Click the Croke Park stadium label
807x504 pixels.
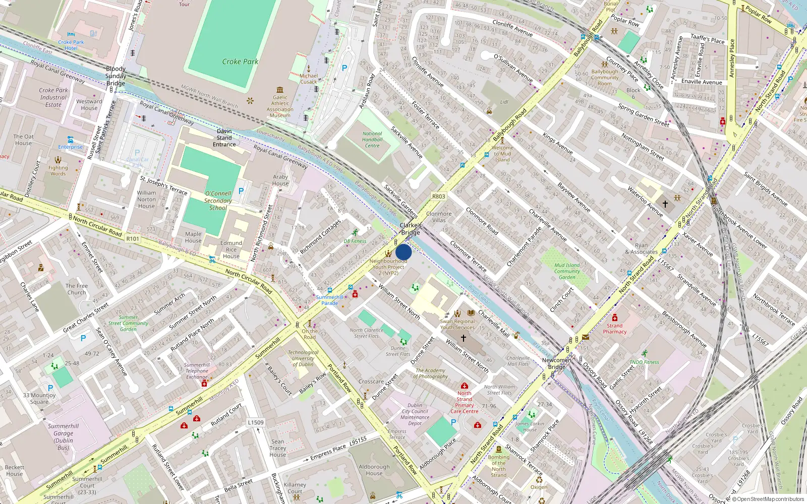(240, 61)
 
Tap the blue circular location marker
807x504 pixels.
(403, 252)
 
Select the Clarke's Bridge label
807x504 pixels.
(411, 229)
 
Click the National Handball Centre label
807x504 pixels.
(372, 140)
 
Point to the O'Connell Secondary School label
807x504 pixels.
(218, 201)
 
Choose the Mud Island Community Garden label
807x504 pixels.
(567, 271)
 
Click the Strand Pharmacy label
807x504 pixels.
(614, 329)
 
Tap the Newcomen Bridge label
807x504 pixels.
(557, 363)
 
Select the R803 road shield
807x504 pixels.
(438, 197)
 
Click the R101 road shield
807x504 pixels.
(133, 238)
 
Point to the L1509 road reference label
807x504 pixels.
(256, 422)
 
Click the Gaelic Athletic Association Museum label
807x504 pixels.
(280, 106)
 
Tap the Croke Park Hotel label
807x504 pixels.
(71, 45)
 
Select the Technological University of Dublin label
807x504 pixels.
(303, 358)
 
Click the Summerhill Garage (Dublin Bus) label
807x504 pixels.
(64, 436)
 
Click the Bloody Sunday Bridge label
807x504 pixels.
(116, 76)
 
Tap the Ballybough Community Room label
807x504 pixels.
(605, 78)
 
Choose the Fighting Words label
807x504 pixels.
(58, 171)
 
